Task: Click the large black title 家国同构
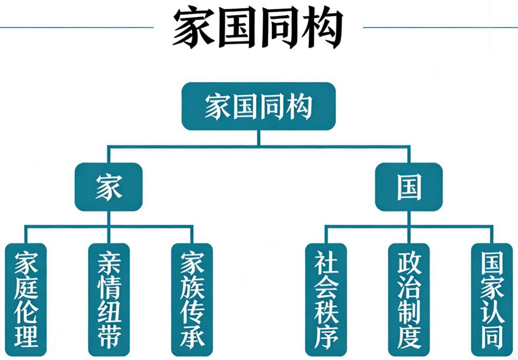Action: tap(258, 28)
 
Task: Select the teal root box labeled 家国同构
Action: tap(258, 106)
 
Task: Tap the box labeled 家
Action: tap(108, 187)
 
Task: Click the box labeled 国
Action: tap(409, 187)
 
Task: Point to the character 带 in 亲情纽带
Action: tap(109, 335)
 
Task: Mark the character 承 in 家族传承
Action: tap(192, 335)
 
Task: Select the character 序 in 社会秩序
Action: tap(326, 335)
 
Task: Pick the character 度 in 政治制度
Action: tap(409, 335)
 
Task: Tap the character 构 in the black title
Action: tap(322, 28)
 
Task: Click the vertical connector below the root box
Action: tap(258, 138)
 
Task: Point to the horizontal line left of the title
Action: tap(77, 27)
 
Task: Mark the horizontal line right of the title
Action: tap(439, 27)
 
